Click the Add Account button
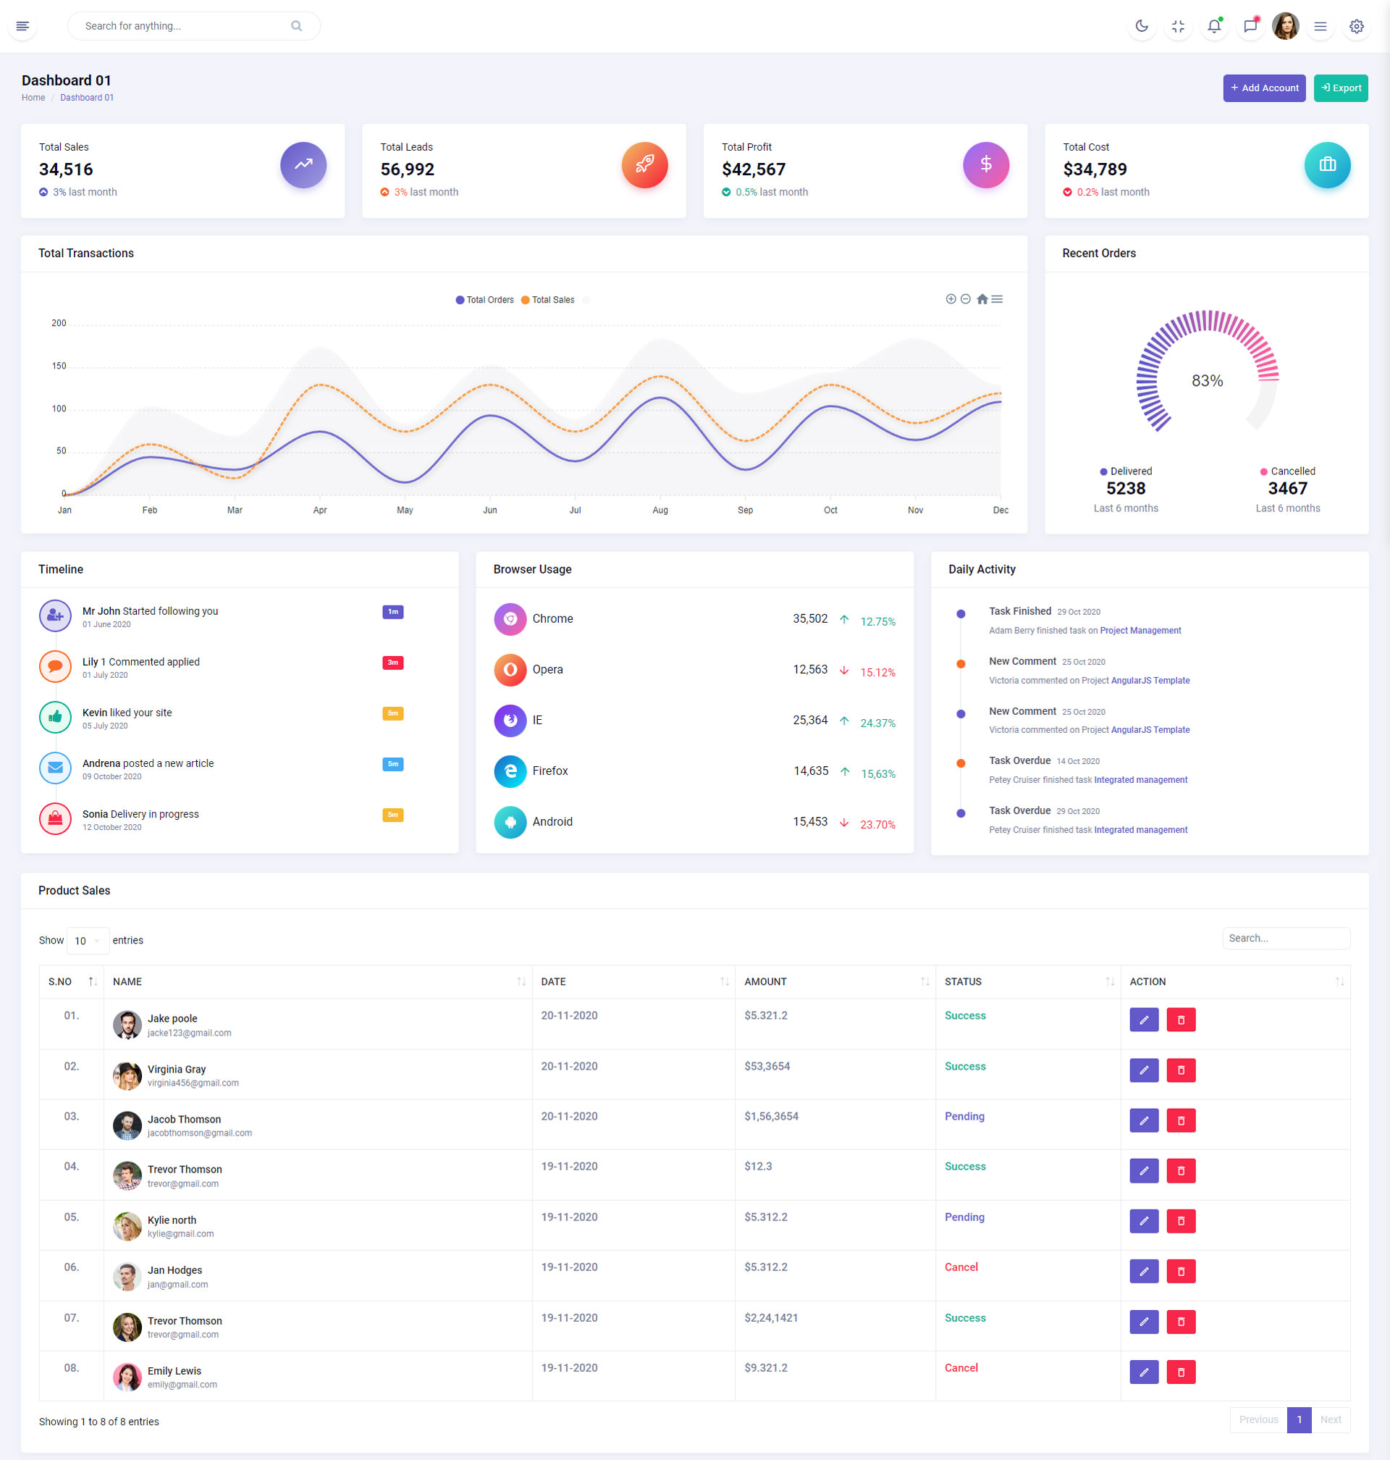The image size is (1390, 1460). [1263, 88]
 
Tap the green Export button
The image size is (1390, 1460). [1339, 88]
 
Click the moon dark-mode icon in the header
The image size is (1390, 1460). [1141, 27]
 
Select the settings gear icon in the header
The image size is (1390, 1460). [1356, 27]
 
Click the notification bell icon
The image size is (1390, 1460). [1213, 27]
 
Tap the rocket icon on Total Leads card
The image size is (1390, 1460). [644, 164]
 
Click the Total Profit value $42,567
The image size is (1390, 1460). [753, 169]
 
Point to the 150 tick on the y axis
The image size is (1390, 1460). [59, 366]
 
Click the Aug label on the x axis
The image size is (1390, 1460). [660, 511]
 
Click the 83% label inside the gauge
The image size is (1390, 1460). [1206, 381]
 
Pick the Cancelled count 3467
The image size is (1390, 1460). [1287, 488]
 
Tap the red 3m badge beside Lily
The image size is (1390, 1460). [392, 663]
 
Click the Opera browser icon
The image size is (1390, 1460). [510, 670]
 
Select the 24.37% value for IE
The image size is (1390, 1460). [877, 723]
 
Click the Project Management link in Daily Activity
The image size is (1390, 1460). [1140, 631]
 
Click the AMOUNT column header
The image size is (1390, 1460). [765, 982]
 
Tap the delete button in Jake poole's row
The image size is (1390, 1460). [1180, 1020]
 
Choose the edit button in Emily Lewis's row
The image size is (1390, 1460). [1143, 1372]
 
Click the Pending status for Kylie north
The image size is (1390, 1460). [964, 1217]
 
